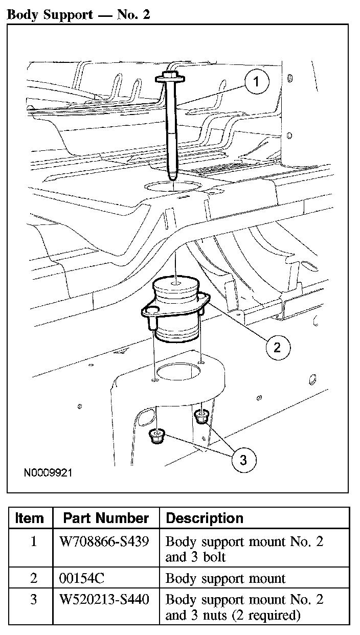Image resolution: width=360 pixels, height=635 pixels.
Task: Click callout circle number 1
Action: point(256,81)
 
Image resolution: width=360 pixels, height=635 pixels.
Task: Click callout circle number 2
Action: point(277,348)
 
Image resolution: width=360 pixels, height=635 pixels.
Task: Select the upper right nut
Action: point(202,417)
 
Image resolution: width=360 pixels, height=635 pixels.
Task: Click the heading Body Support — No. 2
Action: point(78,14)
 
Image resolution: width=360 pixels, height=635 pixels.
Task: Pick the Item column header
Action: point(30,518)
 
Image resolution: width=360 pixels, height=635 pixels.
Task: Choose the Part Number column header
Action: point(106,518)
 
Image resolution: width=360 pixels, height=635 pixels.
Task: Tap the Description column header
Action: point(204,518)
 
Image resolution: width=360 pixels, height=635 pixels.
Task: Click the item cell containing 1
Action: point(33,541)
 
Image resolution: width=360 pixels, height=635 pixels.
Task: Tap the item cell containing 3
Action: point(33,600)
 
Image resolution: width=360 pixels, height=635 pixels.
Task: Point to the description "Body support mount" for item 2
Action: point(226,578)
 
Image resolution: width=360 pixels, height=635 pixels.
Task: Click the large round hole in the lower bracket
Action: point(177,372)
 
